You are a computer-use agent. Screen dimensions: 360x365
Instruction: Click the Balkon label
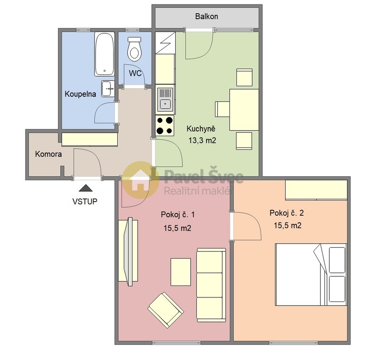click(x=207, y=16)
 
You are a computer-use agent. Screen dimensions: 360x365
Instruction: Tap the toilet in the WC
click(x=134, y=49)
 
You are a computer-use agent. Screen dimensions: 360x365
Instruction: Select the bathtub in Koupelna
click(x=104, y=54)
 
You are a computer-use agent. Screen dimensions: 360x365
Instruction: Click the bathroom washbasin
click(x=107, y=89)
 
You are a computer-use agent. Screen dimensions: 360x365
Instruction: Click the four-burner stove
click(x=165, y=125)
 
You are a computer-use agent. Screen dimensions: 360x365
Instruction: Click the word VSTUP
click(x=85, y=201)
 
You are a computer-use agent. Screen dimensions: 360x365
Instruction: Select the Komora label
click(x=48, y=154)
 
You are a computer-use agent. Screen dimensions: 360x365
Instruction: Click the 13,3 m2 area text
click(x=202, y=141)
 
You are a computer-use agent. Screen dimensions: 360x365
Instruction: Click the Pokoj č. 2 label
click(x=287, y=213)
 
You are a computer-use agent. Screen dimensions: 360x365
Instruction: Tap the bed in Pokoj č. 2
click(x=310, y=274)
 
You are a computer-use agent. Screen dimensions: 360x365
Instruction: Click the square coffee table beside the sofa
click(x=181, y=271)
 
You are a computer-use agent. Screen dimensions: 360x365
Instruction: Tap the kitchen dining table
click(x=244, y=110)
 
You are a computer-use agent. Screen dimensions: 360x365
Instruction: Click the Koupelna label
click(x=80, y=95)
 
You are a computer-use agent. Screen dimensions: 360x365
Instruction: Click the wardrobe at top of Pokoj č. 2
click(x=316, y=190)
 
